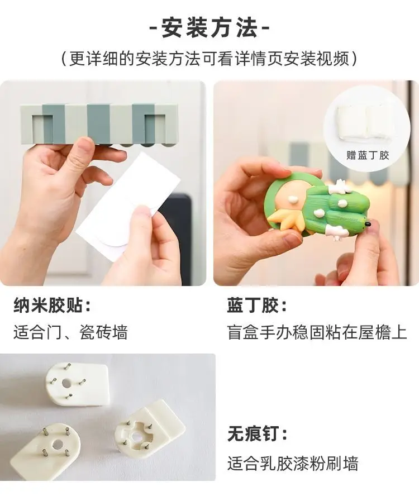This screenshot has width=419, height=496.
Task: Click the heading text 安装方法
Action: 209,28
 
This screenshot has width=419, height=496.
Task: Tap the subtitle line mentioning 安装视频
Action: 209,59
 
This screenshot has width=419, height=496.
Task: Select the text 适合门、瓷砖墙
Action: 70,332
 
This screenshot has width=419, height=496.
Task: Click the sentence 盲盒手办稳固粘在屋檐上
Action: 317,332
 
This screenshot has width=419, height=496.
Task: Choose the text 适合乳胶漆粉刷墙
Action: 293,464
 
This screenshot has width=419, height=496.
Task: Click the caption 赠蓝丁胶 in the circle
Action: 368,155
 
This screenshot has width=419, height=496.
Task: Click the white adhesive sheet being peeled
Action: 128,206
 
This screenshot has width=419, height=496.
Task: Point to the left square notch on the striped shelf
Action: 42,127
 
